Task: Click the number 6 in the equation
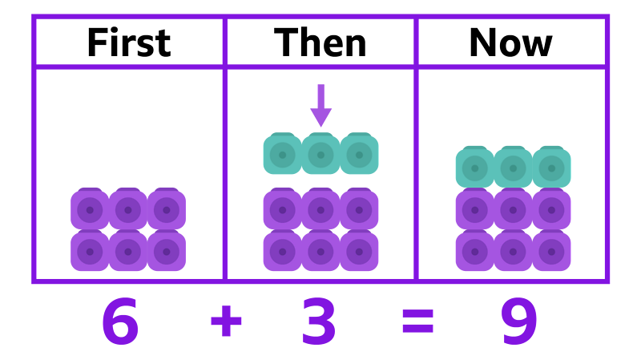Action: [120, 321]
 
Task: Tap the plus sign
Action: [226, 321]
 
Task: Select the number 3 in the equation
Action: [319, 321]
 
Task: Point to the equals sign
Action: [417, 321]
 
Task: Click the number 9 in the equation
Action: [518, 321]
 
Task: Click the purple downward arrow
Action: [320, 105]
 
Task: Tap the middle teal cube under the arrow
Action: [320, 154]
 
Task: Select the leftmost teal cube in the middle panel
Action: [282, 154]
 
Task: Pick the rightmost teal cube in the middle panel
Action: [359, 154]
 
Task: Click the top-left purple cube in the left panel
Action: [90, 209]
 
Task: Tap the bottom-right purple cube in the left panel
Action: [167, 251]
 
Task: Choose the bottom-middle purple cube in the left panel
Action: [128, 251]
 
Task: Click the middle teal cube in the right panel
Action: [513, 168]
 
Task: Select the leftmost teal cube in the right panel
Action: [474, 168]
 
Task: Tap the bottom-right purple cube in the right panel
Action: [551, 251]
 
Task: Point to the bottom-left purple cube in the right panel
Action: [474, 251]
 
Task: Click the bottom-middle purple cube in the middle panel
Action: [320, 251]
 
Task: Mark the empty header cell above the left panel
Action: [129, 42]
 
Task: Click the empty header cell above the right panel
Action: [511, 42]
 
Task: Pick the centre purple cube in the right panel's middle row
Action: [513, 209]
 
